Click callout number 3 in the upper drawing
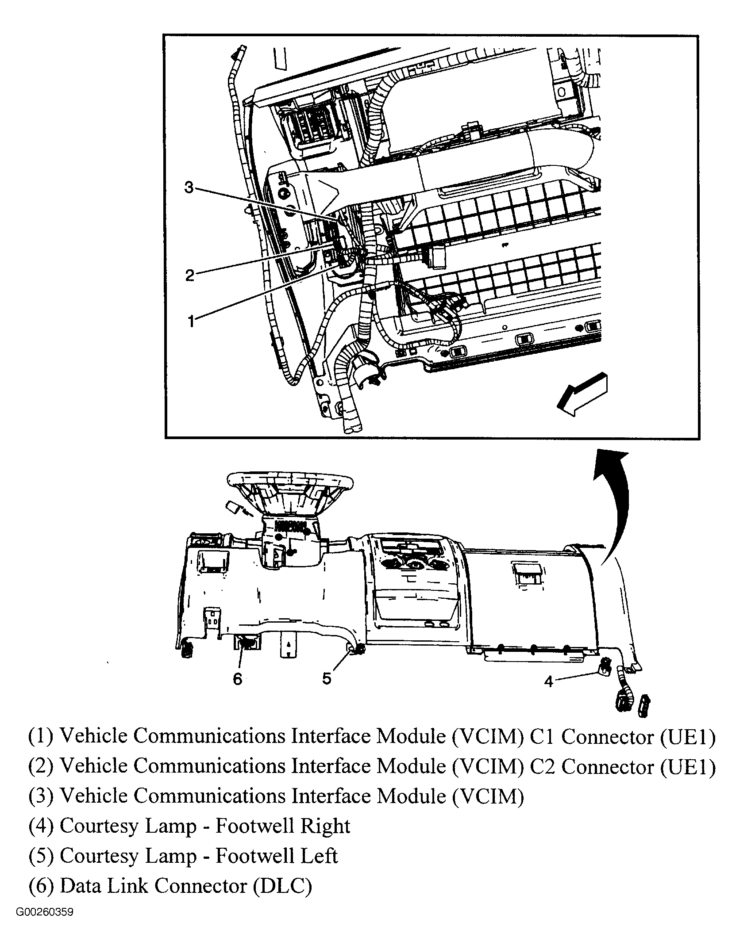click(x=189, y=188)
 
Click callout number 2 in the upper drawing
click(x=189, y=276)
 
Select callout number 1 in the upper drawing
click(x=191, y=321)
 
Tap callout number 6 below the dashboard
click(x=238, y=678)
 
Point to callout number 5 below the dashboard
click(x=327, y=677)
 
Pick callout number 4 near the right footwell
click(x=548, y=681)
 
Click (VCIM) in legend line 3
click(x=488, y=796)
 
